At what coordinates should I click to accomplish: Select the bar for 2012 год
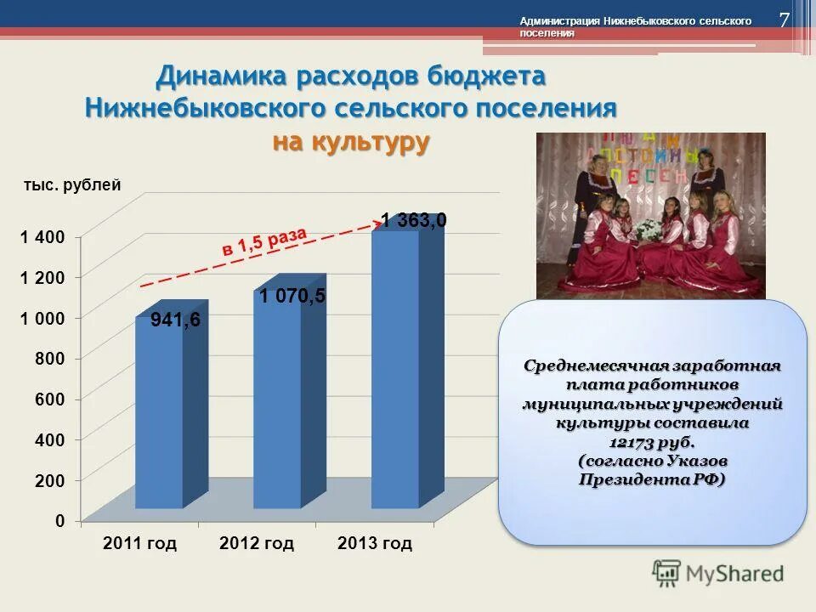coord(278,399)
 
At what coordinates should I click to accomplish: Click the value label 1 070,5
coord(292,296)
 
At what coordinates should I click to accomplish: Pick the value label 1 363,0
coord(413,221)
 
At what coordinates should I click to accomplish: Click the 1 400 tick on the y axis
coord(48,236)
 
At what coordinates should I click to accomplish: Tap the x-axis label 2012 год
coord(256,543)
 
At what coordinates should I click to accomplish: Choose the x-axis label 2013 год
coord(374,543)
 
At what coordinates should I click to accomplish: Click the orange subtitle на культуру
coord(350,142)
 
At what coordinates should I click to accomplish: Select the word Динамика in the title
coord(222,76)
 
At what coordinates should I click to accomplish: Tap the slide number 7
coord(784,20)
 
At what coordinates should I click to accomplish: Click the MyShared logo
coord(718,573)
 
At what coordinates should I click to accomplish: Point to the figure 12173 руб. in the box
coord(652,442)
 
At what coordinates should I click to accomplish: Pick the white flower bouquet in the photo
coord(649,228)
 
